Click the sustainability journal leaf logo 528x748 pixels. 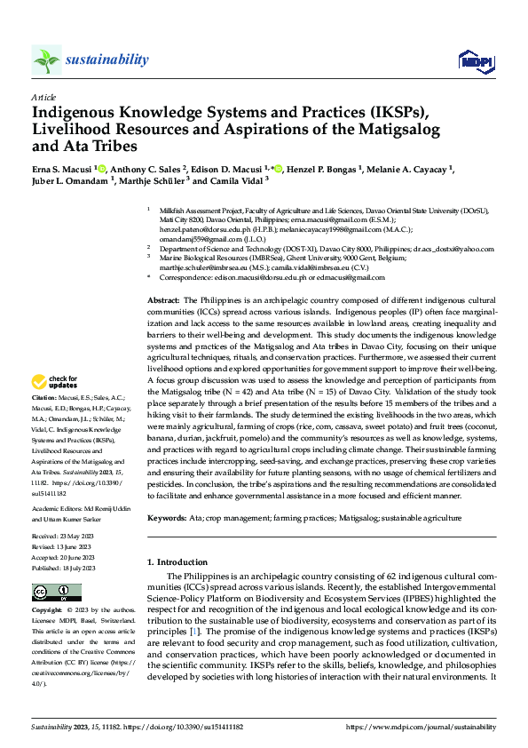click(46, 60)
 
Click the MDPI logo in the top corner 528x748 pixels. click(475, 60)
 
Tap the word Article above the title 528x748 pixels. click(43, 97)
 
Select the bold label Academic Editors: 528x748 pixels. click(57, 510)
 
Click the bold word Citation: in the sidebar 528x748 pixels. click(43, 422)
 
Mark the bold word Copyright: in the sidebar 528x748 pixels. click(47, 611)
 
